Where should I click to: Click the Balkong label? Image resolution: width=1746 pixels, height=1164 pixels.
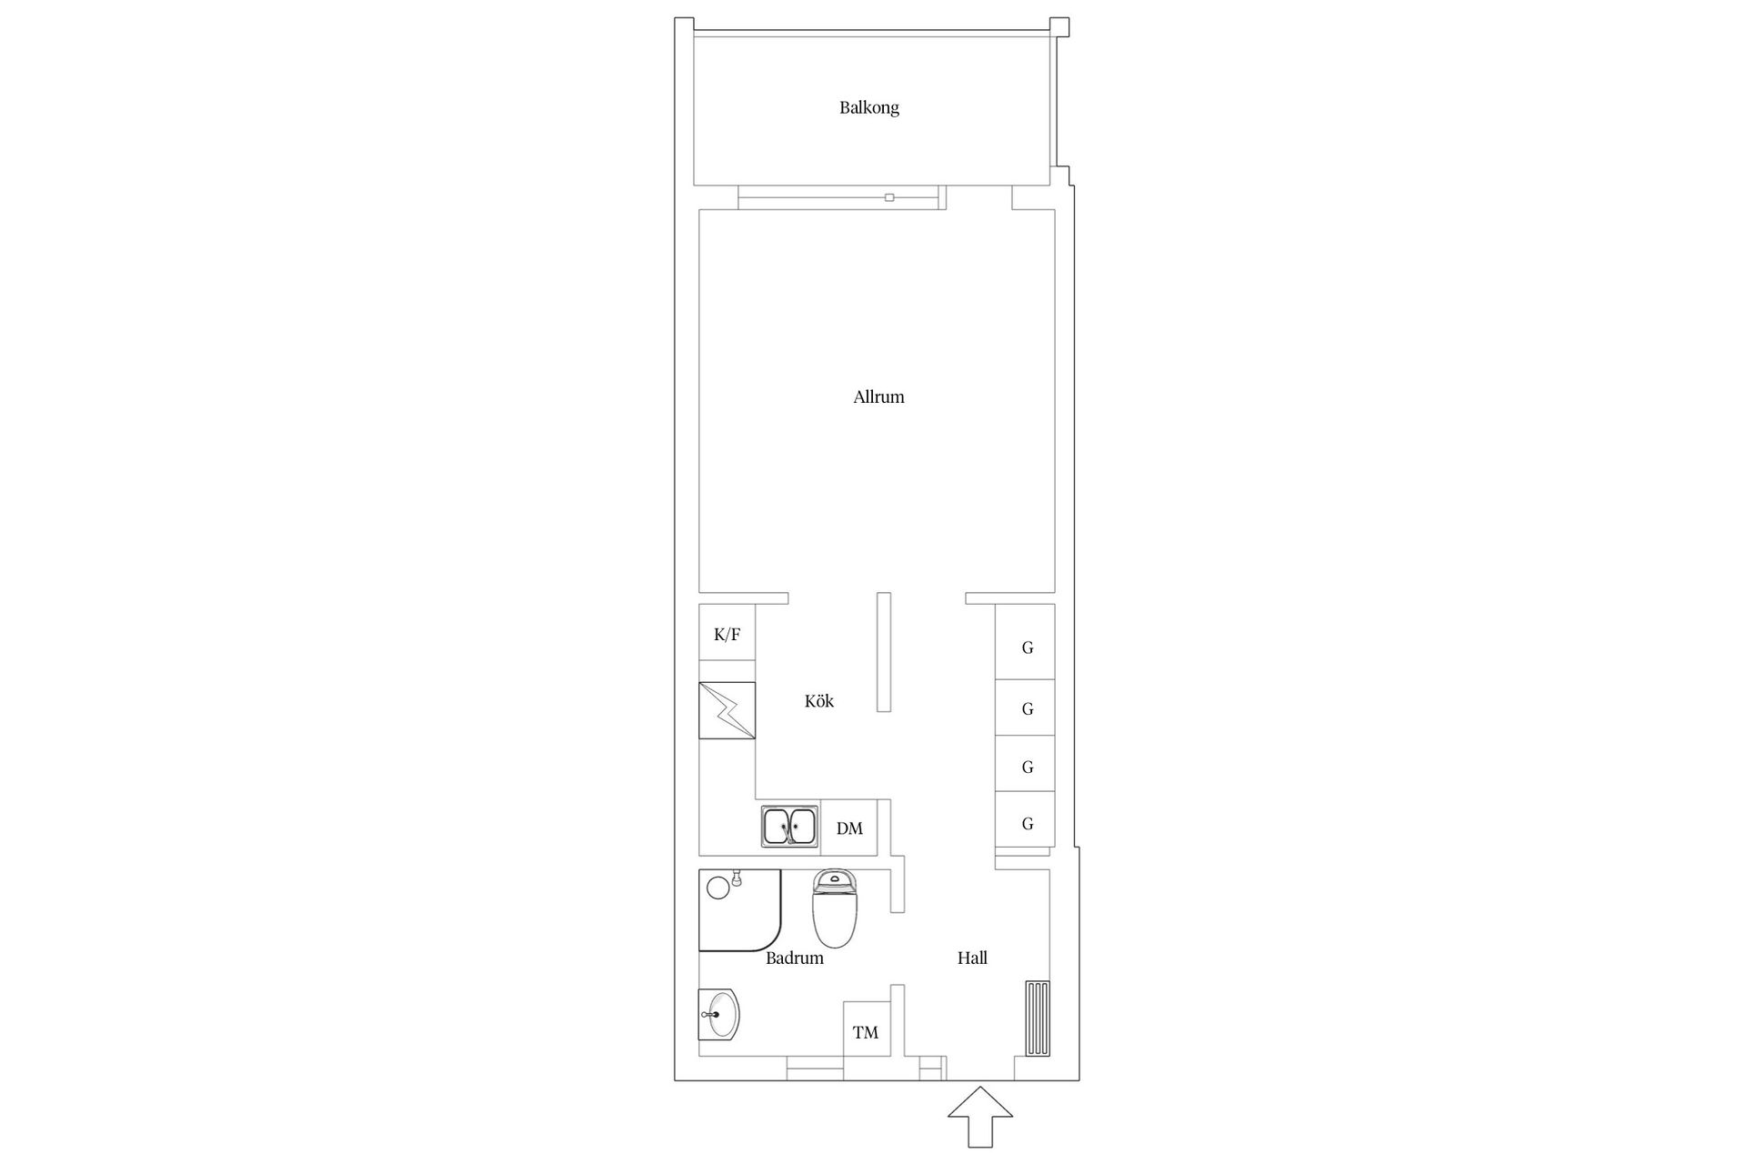tap(868, 107)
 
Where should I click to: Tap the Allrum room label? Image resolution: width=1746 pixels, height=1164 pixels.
tap(878, 396)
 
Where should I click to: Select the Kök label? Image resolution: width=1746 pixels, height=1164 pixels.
tap(818, 701)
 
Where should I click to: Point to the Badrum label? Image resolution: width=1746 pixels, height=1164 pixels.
tap(794, 958)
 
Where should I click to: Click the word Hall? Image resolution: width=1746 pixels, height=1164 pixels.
tap(972, 958)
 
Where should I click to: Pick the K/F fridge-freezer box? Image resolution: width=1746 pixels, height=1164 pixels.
tap(727, 634)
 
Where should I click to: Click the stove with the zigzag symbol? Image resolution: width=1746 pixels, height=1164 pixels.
tap(727, 710)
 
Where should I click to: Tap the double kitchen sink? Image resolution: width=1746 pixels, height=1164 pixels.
tap(788, 827)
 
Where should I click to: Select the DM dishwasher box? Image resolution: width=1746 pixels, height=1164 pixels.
tap(849, 828)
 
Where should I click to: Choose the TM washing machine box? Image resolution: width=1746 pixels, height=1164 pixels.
tap(866, 1032)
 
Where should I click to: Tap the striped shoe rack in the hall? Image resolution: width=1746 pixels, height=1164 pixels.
tap(1038, 1018)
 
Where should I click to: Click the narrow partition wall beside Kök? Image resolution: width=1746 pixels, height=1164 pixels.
tap(883, 651)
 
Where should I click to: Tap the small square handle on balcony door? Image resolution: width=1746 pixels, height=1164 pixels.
tap(889, 197)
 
